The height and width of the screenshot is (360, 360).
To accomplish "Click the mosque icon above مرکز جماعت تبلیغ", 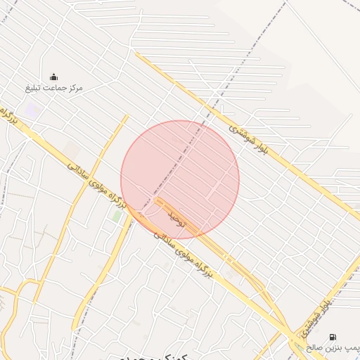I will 54,77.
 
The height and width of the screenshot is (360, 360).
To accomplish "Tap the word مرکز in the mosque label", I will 73,88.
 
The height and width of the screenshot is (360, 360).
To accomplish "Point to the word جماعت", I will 53,88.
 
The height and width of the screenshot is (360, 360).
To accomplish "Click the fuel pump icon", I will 332,337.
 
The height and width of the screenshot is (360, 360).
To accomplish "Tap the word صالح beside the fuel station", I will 314,348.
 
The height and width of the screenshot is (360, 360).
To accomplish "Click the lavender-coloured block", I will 31,110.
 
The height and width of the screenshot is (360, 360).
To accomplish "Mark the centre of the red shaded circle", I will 180,179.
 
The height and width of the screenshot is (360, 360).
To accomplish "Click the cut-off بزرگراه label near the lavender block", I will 8,116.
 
